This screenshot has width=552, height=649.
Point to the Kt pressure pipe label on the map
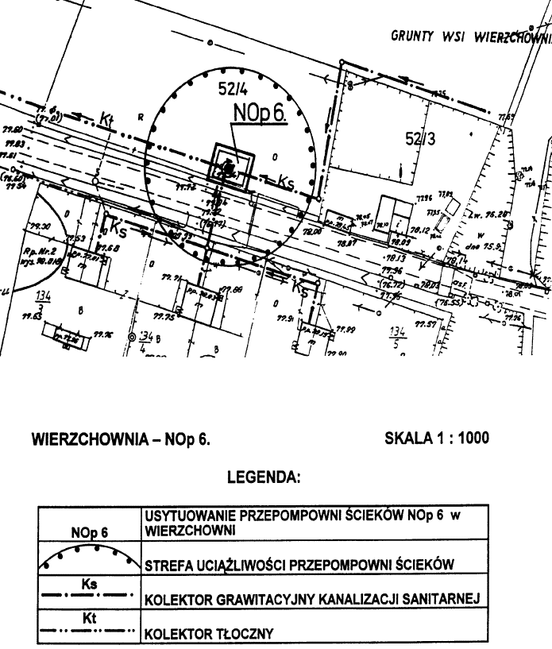coord(107,119)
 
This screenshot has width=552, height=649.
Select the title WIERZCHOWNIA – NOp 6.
coord(120,438)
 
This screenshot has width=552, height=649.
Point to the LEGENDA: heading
coord(263,478)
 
